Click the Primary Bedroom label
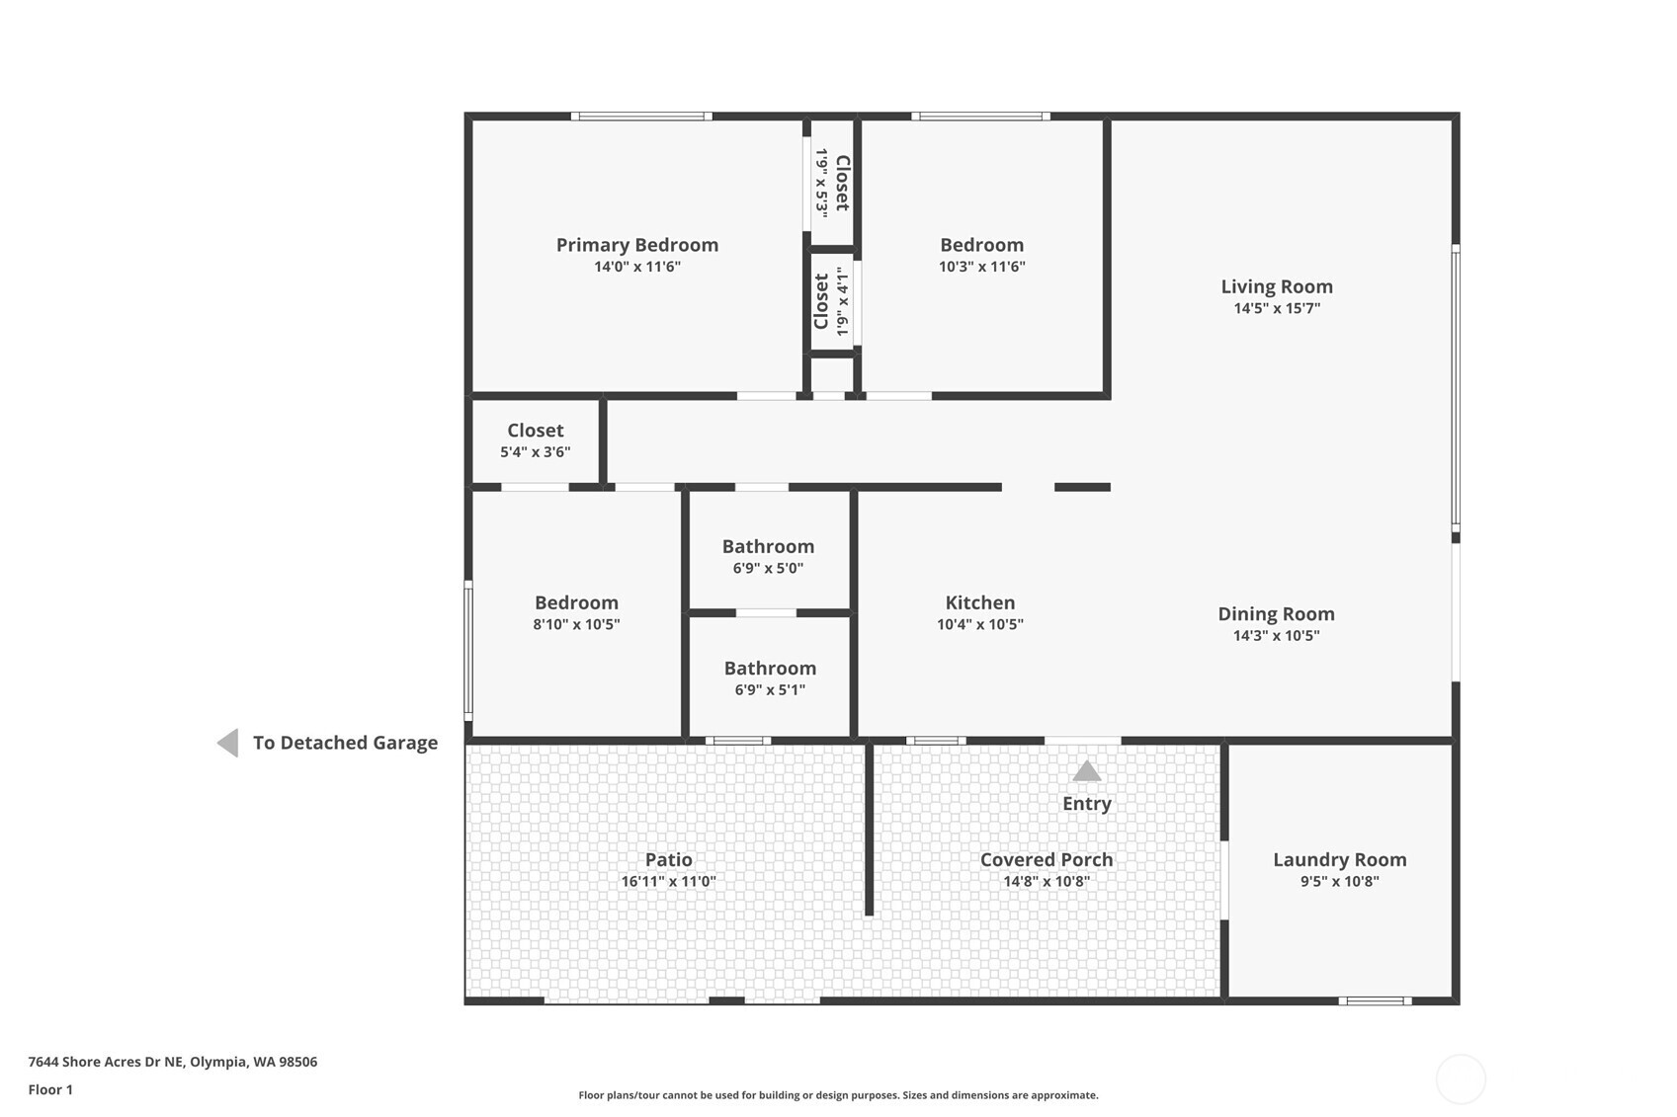636,245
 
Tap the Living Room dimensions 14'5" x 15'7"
1276,308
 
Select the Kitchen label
979,602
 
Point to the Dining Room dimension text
1275,636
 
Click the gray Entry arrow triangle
1086,771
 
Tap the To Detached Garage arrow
228,743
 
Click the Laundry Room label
1339,860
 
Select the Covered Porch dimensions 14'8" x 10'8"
1046,881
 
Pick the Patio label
668,860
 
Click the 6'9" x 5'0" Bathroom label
768,547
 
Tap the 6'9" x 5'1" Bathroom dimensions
769,690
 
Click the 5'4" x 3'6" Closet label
535,431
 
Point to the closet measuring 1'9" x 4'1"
831,301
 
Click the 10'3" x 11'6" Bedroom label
981,245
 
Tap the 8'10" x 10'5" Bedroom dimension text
576,624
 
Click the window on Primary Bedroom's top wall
641,117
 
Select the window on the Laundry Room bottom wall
1375,1001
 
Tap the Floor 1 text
50,1089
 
